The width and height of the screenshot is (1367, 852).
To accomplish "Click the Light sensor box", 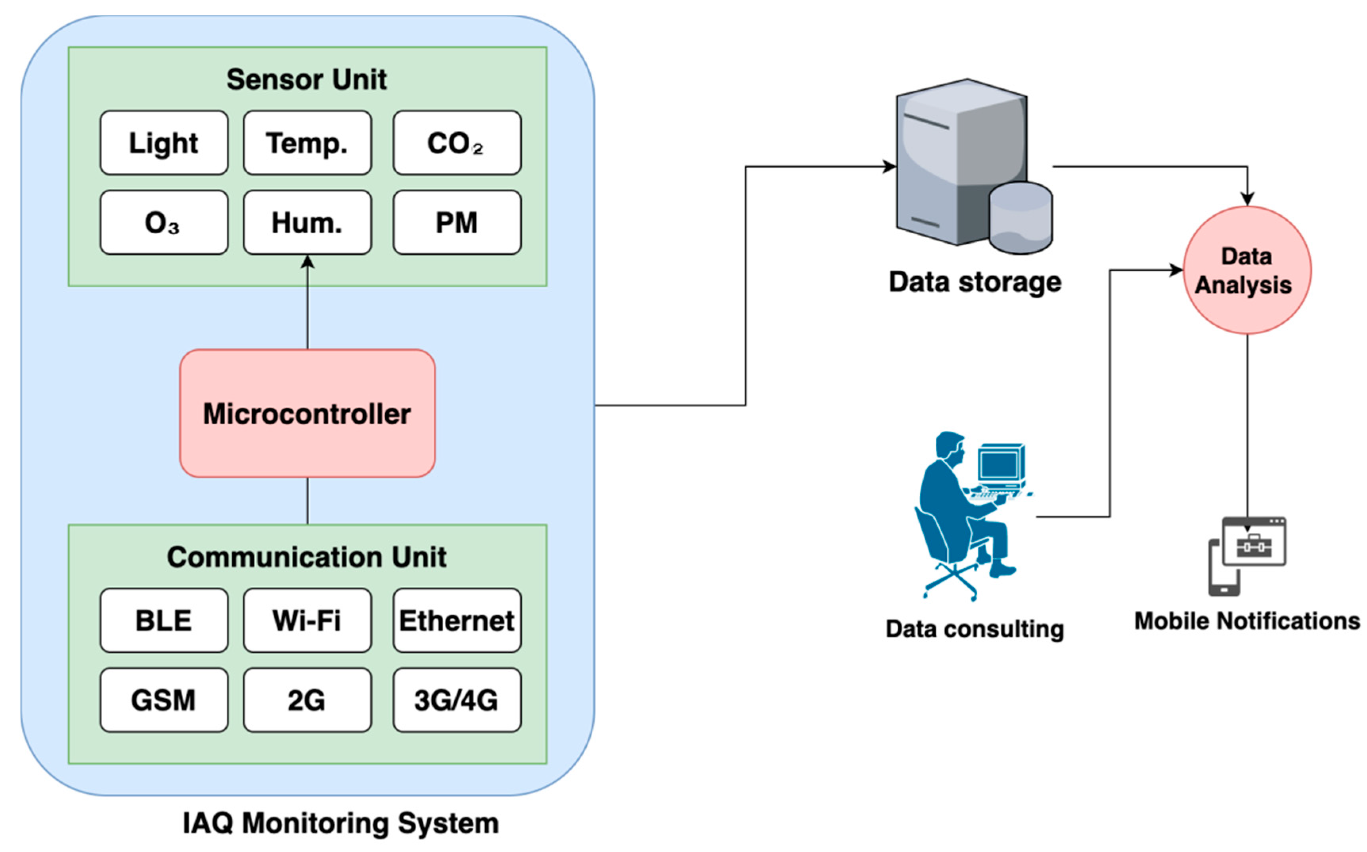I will pyautogui.click(x=164, y=143).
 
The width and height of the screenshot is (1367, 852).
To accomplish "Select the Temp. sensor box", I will pyautogui.click(x=307, y=143).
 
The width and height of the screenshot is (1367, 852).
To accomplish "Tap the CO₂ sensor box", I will pyautogui.click(x=457, y=143).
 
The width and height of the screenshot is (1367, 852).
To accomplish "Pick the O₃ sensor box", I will pyautogui.click(x=164, y=223).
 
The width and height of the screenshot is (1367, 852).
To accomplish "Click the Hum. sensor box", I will pyautogui.click(x=307, y=223).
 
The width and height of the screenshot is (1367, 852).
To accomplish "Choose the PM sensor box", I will pyautogui.click(x=457, y=223).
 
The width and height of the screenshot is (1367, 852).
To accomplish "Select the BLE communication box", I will pyautogui.click(x=164, y=621).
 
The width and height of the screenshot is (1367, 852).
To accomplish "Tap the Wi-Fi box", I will pyautogui.click(x=307, y=621).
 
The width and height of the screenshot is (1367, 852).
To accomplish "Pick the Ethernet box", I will pyautogui.click(x=457, y=621).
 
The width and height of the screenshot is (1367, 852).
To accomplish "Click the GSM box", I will pyautogui.click(x=164, y=700).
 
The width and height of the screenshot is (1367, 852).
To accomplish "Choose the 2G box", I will pyautogui.click(x=307, y=700).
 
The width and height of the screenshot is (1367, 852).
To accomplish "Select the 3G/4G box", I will pyautogui.click(x=457, y=700).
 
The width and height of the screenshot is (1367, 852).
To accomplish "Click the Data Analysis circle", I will pyautogui.click(x=1246, y=271).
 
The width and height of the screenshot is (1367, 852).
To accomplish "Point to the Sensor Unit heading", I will pyautogui.click(x=306, y=79).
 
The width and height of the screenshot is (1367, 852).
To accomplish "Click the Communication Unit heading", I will pyautogui.click(x=306, y=557).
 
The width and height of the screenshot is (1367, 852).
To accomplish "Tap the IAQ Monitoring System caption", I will pyautogui.click(x=341, y=823).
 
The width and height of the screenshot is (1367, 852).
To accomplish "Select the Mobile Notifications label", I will pyautogui.click(x=1246, y=621).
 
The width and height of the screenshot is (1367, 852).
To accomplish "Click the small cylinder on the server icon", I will pyautogui.click(x=1020, y=219).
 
